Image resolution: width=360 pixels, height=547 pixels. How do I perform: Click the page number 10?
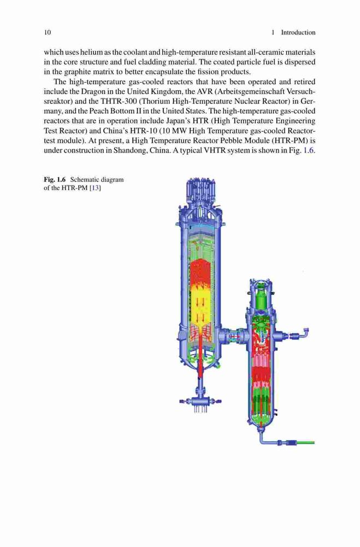tap(48, 32)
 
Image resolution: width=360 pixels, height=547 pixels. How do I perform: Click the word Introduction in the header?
tap(298, 32)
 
